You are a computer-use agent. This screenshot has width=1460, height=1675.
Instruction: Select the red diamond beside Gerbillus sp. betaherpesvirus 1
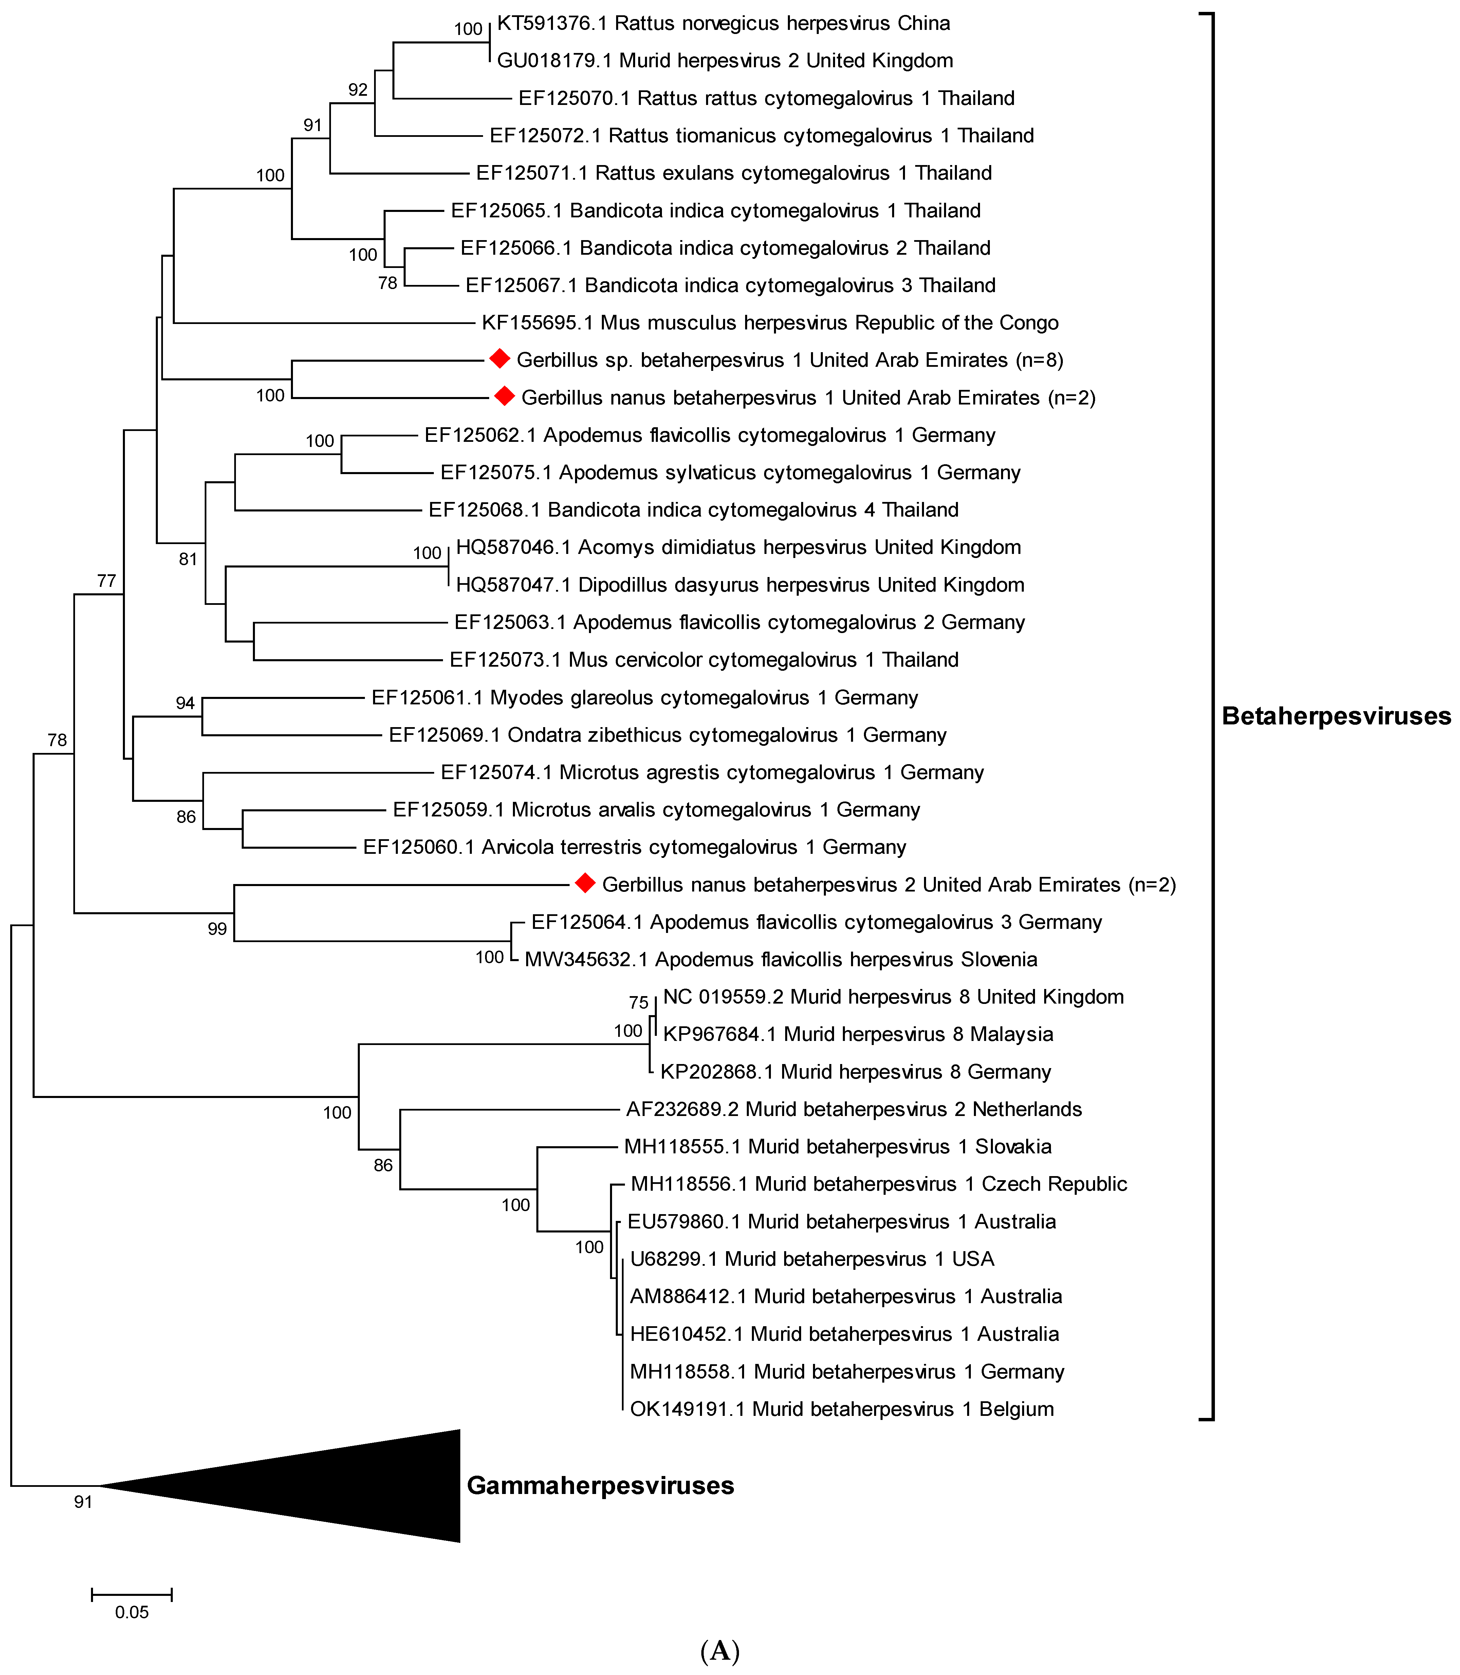(499, 359)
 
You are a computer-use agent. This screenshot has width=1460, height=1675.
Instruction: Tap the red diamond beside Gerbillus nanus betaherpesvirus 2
(585, 884)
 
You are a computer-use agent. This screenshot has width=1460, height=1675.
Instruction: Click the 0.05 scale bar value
(132, 1612)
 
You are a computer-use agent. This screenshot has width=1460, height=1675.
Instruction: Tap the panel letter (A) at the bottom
(720, 1651)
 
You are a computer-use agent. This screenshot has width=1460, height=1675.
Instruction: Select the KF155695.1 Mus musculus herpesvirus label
(770, 323)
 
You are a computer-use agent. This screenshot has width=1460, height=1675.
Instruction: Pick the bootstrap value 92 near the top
(358, 90)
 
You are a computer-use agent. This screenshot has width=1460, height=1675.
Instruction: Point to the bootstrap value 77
(107, 581)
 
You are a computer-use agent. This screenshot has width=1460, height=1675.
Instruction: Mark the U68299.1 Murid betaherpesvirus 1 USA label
(812, 1259)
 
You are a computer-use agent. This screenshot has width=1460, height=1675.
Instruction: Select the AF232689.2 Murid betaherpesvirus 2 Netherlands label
(854, 1109)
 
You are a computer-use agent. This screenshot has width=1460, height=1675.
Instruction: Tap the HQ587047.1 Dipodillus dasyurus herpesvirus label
(740, 585)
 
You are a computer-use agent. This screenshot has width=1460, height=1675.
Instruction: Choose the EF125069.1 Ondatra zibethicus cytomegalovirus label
(667, 735)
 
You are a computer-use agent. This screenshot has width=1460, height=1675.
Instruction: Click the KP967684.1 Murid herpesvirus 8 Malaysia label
(858, 1034)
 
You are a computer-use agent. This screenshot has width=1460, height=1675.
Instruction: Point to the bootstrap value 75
(639, 1003)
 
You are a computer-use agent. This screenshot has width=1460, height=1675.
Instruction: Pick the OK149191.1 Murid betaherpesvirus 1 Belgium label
(842, 1409)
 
